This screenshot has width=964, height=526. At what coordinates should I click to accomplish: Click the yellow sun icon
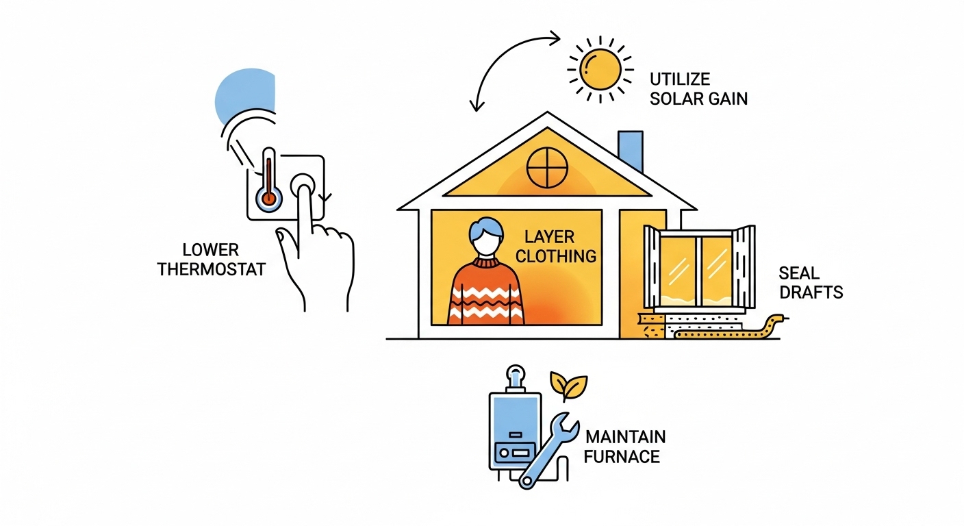600,67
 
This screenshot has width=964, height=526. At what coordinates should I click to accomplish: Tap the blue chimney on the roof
631,151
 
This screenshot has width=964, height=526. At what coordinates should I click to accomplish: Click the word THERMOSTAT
211,268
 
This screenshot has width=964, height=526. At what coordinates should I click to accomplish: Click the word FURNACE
622,455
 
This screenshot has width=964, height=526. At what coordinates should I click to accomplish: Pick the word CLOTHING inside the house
556,257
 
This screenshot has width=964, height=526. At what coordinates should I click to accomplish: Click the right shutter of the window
745,268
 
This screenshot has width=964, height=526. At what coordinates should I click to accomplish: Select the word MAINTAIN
624,436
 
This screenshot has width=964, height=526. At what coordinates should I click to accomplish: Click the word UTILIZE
679,78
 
